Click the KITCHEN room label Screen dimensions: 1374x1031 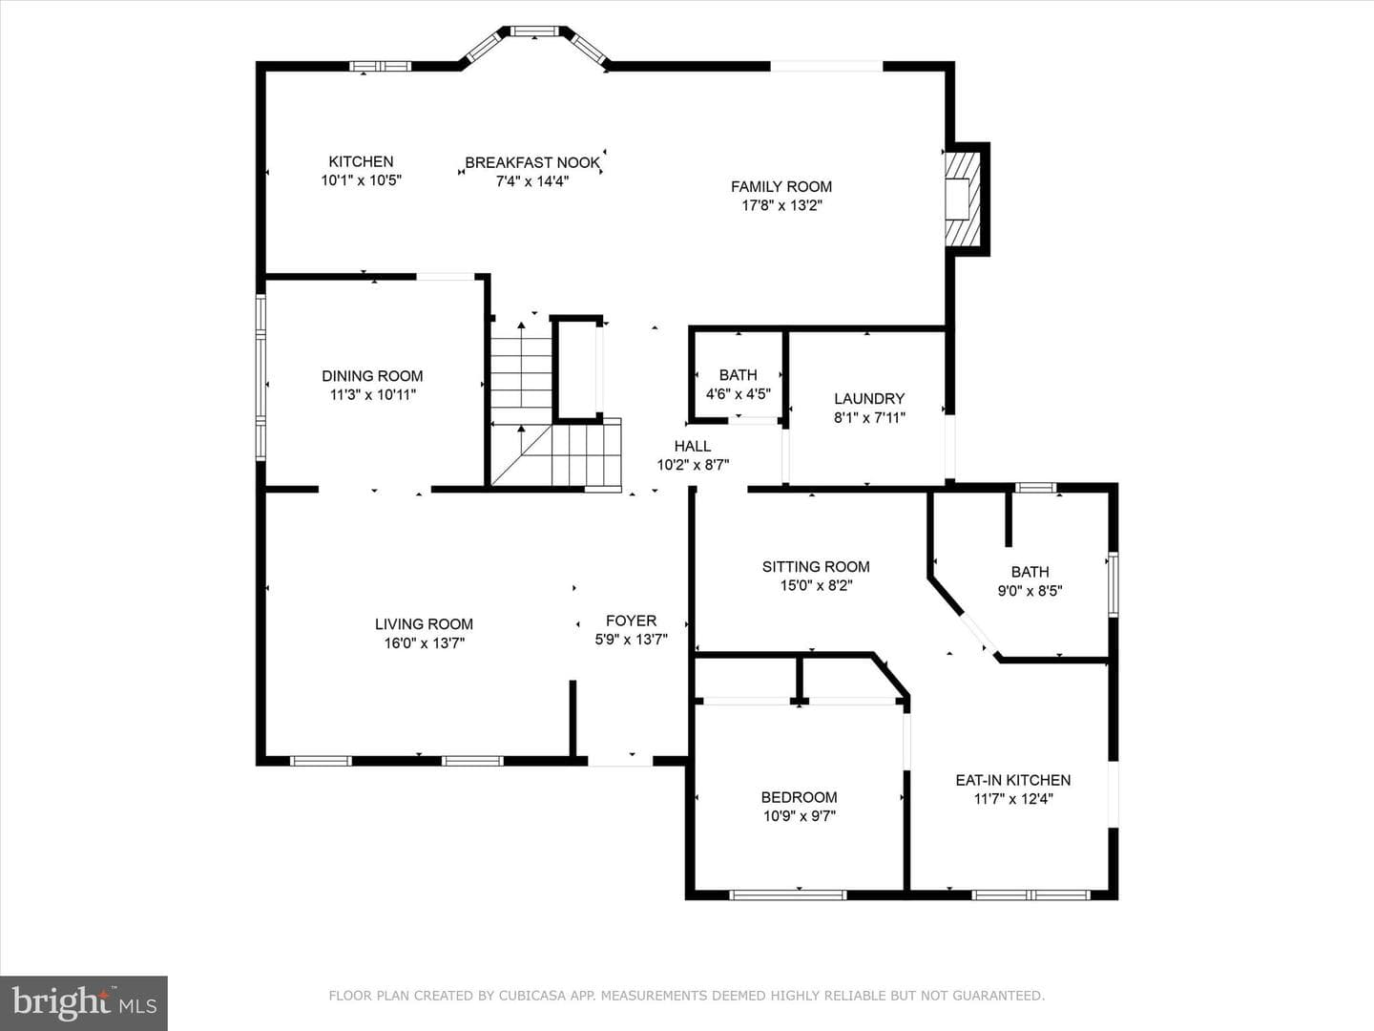[362, 161]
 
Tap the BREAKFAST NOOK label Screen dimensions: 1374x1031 [532, 162]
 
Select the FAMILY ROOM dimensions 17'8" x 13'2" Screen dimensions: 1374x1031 [781, 205]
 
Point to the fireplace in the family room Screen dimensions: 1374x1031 [964, 200]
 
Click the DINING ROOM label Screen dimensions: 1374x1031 [372, 375]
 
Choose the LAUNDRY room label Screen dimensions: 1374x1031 [869, 399]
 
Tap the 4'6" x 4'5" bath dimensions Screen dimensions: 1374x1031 [739, 394]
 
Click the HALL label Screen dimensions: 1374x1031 [693, 446]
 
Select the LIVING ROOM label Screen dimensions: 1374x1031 [424, 623]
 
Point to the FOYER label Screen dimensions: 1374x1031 [631, 621]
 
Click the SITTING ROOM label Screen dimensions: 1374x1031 [816, 566]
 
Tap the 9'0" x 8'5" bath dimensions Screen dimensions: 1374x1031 [1030, 590]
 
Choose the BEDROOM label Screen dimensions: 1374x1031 [799, 797]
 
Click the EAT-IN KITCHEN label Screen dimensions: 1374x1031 [1012, 780]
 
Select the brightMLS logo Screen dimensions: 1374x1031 [84, 1002]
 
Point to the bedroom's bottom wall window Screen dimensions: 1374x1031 [788, 895]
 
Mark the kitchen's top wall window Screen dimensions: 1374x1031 [380, 66]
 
